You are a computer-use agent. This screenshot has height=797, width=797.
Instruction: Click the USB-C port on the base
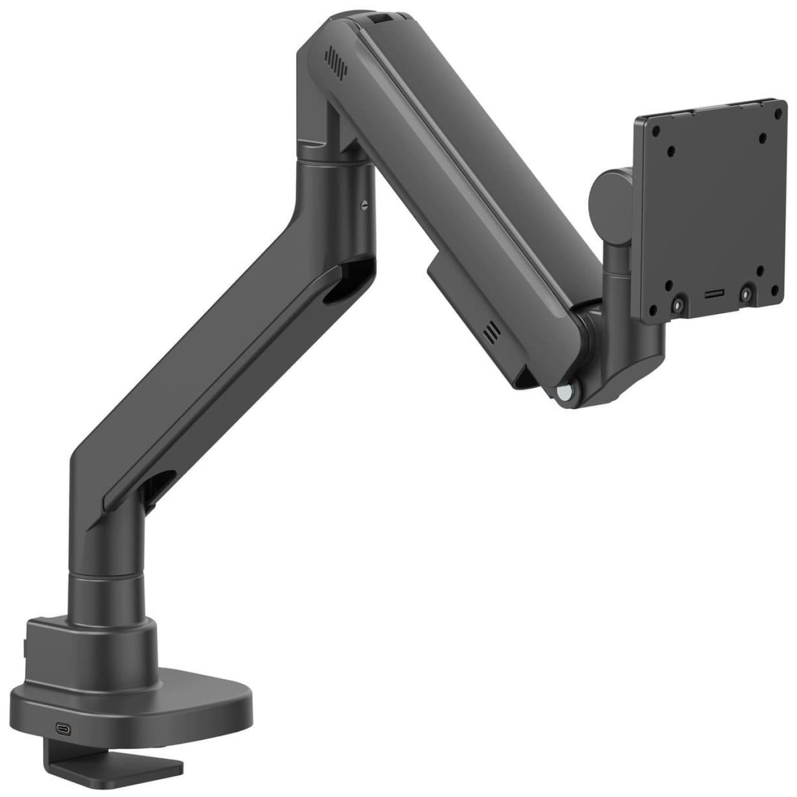63,728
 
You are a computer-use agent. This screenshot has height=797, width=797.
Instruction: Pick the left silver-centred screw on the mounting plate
677,305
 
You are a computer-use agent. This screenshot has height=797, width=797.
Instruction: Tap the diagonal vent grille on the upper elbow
335,62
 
